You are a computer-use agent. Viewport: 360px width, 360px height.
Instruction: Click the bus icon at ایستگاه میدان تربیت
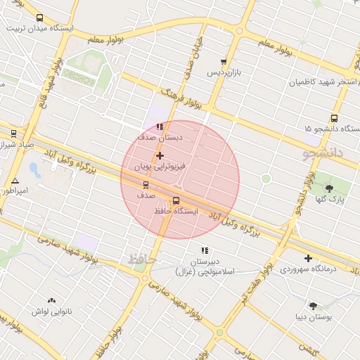pyautogui.click(x=39, y=18)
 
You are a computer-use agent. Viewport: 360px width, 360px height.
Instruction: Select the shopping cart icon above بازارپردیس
pyautogui.click(x=224, y=63)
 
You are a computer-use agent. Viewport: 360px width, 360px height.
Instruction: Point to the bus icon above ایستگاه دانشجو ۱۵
pyautogui.click(x=334, y=119)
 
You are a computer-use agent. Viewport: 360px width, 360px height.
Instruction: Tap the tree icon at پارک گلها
pyautogui.click(x=329, y=188)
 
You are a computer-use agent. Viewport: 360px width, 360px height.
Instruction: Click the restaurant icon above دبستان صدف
pyautogui.click(x=160, y=127)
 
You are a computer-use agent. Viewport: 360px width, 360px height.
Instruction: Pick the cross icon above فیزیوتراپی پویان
pyautogui.click(x=160, y=155)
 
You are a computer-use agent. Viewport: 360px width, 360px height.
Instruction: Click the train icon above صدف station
pyautogui.click(x=146, y=186)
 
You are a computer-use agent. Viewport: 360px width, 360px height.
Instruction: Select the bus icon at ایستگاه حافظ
pyautogui.click(x=176, y=200)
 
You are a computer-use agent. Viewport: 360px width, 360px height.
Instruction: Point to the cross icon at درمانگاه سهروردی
pyautogui.click(x=308, y=258)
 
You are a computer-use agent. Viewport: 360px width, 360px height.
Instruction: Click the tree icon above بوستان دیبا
pyautogui.click(x=313, y=306)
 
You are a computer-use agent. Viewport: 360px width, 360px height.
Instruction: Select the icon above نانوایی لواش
pyautogui.click(x=51, y=300)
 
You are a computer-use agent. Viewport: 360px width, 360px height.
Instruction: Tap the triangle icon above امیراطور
pyautogui.click(x=15, y=181)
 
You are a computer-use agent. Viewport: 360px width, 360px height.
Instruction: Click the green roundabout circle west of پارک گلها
pyautogui.click(x=266, y=179)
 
